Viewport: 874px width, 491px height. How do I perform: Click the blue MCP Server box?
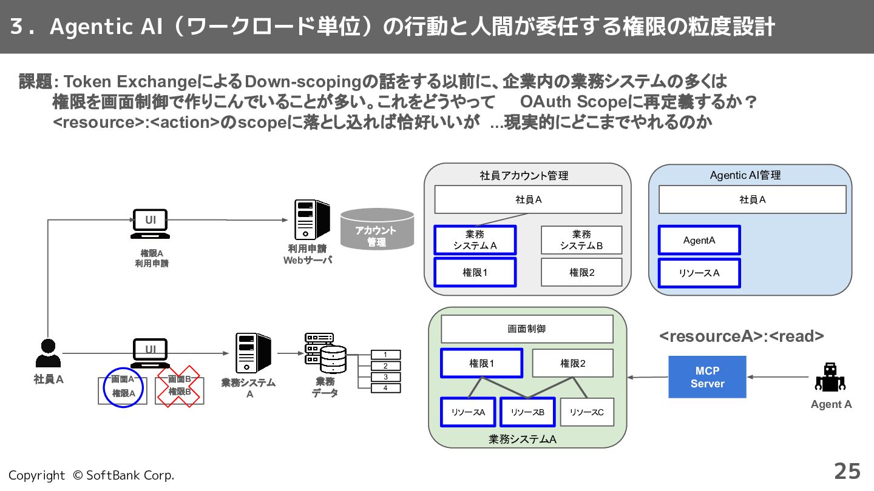click(x=707, y=377)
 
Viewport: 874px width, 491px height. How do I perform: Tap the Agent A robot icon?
click(x=830, y=377)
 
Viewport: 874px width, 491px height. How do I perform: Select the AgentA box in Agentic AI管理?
click(x=699, y=240)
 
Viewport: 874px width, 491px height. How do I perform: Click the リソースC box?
click(x=587, y=412)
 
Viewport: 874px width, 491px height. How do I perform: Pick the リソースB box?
click(x=527, y=412)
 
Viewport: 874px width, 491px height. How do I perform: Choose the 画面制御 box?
click(x=527, y=329)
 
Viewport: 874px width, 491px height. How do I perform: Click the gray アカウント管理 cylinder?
click(x=377, y=230)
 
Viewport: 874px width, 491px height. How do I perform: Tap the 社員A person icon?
click(x=48, y=353)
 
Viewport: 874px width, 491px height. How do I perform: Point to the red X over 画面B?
click(x=178, y=387)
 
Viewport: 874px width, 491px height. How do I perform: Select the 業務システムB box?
click(x=581, y=240)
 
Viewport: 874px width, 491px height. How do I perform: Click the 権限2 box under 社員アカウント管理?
click(x=581, y=272)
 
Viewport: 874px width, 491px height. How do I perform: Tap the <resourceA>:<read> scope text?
click(x=741, y=336)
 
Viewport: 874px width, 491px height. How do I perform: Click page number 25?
click(x=847, y=472)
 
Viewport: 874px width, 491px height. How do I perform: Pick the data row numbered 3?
click(x=385, y=377)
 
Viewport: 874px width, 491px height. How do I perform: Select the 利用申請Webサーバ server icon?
click(x=312, y=220)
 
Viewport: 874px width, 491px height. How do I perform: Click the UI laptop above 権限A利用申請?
click(x=151, y=224)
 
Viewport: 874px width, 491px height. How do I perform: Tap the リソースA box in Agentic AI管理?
click(x=699, y=273)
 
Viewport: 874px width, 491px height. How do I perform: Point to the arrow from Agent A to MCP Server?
click(x=777, y=377)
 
